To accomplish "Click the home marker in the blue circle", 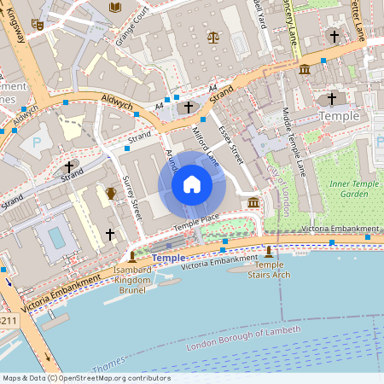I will (x=192, y=184).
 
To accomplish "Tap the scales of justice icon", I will (x=212, y=38).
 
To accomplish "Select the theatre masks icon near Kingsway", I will (x=37, y=24).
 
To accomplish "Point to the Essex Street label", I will (x=230, y=143).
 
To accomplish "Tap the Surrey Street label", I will (x=131, y=196).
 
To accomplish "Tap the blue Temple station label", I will (x=167, y=257).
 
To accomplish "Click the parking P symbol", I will (x=36, y=143).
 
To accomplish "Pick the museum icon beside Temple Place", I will (x=253, y=203).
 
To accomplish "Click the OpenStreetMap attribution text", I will (x=86, y=377).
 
